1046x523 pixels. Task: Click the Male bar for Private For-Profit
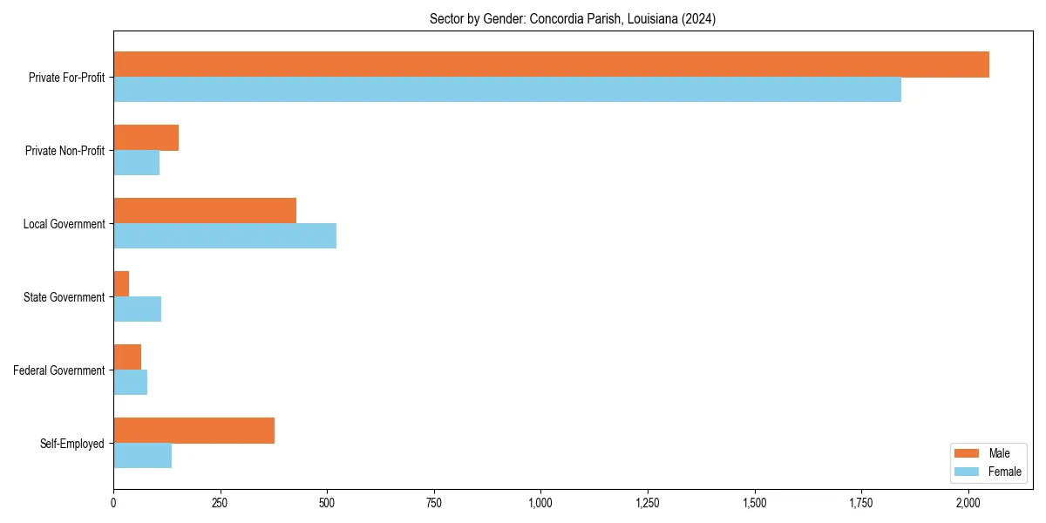(x=551, y=65)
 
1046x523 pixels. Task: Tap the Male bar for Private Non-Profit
(x=146, y=138)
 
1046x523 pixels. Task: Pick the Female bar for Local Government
(x=225, y=236)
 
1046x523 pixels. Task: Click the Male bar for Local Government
(x=205, y=211)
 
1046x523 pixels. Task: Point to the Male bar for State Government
(x=121, y=284)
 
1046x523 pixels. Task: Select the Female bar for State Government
(x=137, y=309)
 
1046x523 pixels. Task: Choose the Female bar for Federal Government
(x=130, y=383)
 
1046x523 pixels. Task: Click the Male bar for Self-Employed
(x=194, y=431)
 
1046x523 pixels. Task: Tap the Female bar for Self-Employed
(x=142, y=456)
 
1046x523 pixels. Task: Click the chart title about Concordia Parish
(x=573, y=19)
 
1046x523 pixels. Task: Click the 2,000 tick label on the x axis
(x=968, y=503)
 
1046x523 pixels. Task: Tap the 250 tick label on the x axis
(x=220, y=503)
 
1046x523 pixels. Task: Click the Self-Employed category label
(x=72, y=444)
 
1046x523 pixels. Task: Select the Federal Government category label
(x=59, y=370)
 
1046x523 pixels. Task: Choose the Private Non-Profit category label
(x=65, y=151)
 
